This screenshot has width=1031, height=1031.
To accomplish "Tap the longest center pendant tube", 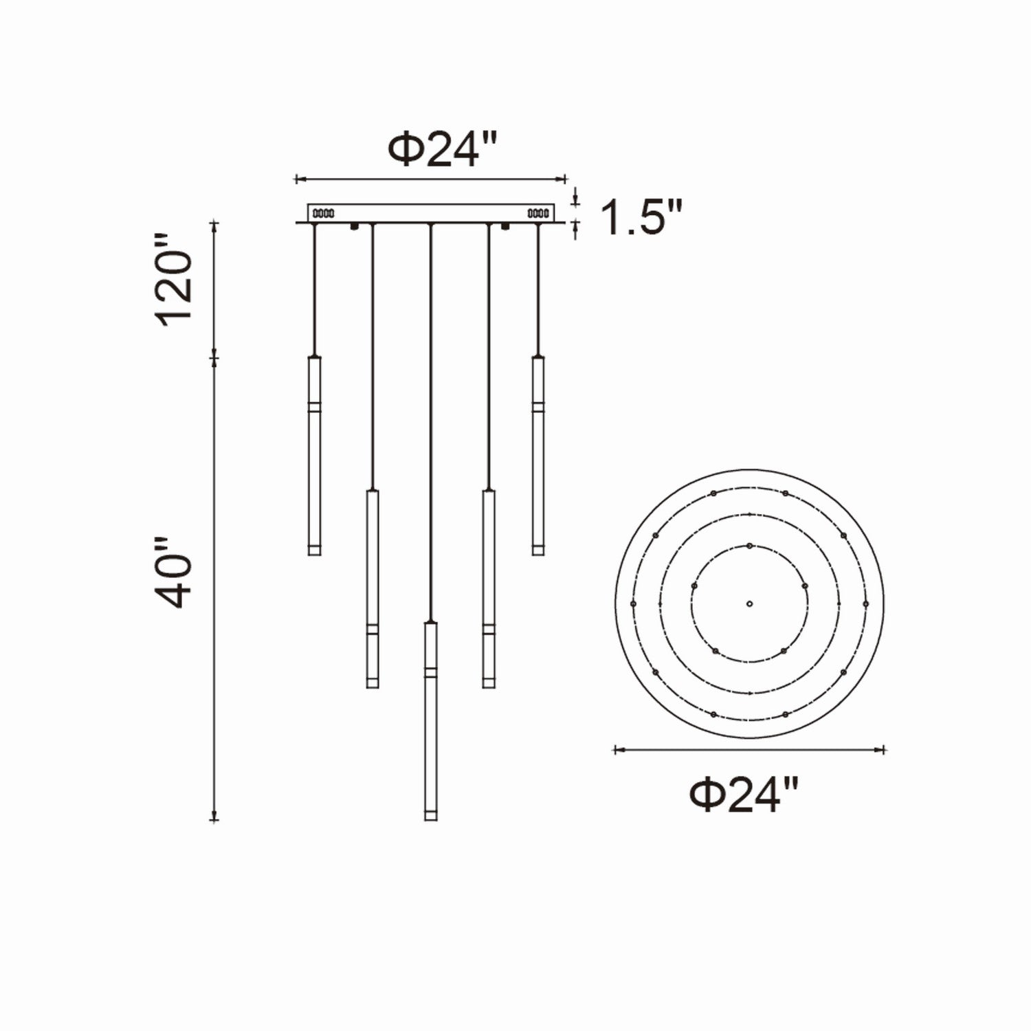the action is coord(430,722).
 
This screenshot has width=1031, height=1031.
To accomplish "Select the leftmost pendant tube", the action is coord(314,455).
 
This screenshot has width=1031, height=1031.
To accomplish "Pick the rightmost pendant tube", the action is coord(537,455).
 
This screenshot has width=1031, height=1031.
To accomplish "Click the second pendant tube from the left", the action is coord(372,588).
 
